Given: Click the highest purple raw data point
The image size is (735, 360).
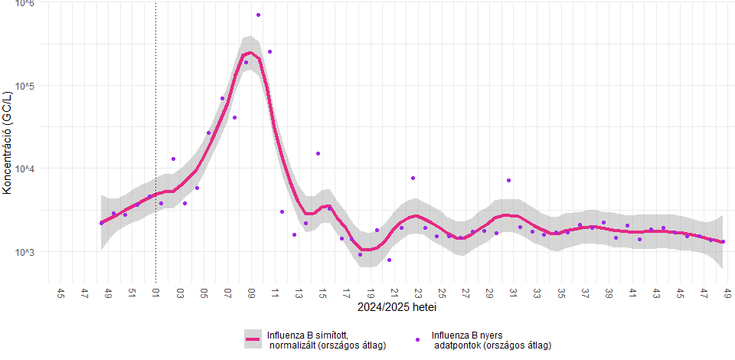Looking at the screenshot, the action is click(258, 15).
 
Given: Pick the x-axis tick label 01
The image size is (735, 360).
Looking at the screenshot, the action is click(156, 293).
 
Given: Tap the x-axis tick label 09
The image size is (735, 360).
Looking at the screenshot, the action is click(251, 293).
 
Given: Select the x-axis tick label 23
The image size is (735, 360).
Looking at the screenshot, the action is click(418, 293).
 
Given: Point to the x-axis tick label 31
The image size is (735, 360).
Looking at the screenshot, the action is click(513, 293).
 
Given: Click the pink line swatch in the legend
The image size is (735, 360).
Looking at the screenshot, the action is click(252, 339).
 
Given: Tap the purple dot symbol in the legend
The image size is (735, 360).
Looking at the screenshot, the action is click(417, 339).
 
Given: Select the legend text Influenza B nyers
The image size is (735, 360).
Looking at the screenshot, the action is click(467, 335).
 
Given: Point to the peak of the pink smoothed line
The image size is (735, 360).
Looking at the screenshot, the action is click(250, 53).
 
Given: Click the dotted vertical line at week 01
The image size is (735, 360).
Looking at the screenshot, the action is click(155, 142).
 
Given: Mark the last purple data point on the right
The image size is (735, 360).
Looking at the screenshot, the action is click(723, 242).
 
